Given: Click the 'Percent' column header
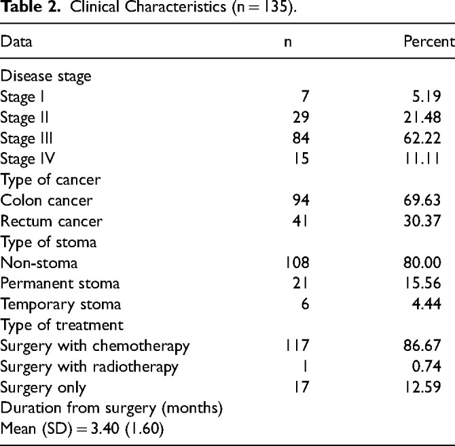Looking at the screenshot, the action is click(429, 41).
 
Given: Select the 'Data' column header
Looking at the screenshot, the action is click(16, 41).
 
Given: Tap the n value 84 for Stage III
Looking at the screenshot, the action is click(301, 138).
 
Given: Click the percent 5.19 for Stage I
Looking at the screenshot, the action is click(426, 96).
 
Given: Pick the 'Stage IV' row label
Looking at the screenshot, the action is click(28, 159).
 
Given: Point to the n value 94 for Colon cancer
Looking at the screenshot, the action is click(301, 200).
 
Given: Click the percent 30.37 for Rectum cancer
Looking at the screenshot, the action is click(422, 221).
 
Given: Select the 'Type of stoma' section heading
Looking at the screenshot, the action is click(48, 242).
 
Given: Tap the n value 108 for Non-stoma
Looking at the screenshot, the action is click(297, 263).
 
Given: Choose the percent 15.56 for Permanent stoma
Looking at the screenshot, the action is click(423, 283).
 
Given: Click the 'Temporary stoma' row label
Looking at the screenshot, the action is click(60, 305).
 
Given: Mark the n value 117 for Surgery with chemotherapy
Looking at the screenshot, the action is click(297, 346).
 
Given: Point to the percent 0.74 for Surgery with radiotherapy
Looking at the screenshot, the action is click(426, 367).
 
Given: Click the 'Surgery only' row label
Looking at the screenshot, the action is click(43, 388).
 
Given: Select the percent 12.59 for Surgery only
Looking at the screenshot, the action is click(423, 387).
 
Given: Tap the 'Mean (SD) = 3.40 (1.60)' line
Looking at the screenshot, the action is click(82, 429).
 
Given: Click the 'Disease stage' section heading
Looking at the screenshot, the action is click(46, 77).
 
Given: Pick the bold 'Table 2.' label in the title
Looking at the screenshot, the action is click(30, 7).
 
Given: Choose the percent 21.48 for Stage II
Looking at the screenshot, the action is click(422, 117).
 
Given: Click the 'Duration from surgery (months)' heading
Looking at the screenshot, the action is click(111, 408).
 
